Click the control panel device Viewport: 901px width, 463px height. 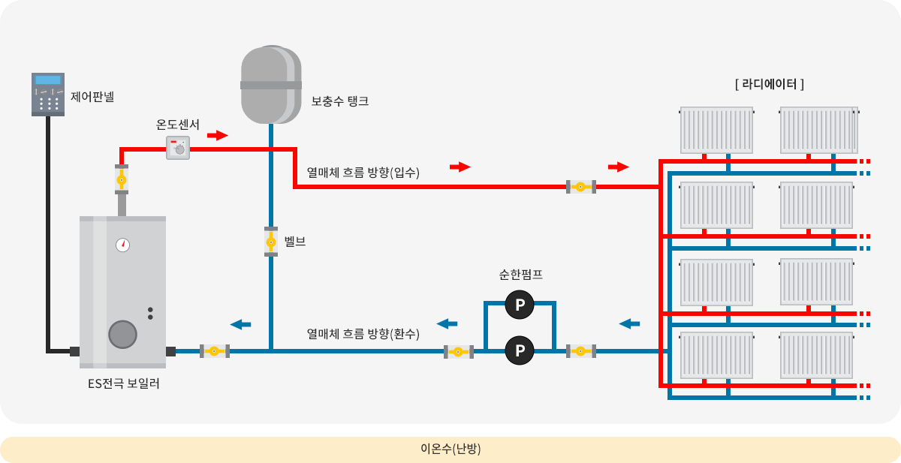48,95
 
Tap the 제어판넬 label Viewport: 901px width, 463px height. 92,97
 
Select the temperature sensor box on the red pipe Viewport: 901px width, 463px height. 178,148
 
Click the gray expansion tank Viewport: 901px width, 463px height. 271,85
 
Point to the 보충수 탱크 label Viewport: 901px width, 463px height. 340,101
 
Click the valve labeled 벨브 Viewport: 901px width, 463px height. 271,242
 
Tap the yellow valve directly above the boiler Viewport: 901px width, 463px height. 122,179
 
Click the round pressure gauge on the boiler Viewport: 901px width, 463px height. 122,245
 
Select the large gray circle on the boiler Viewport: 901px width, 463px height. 122,335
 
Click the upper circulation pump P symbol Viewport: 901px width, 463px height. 520,305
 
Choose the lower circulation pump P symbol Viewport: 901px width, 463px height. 520,350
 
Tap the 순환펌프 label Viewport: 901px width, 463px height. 521,275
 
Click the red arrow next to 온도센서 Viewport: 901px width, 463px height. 218,135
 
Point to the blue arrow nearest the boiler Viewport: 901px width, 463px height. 240,324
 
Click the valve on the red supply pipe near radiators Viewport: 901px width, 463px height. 581,187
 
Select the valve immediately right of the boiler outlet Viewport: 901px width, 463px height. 215,351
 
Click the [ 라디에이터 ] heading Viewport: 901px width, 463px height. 770,84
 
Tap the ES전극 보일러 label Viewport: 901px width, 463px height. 123,383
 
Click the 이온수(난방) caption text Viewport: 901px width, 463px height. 450,449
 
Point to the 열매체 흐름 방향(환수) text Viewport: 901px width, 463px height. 363,334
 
